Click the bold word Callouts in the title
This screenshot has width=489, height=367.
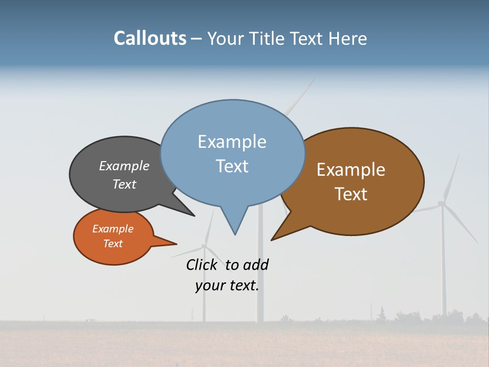150,38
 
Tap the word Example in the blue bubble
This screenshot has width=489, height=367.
232,142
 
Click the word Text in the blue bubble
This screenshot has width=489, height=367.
232,166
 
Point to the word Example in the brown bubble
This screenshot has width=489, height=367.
351,170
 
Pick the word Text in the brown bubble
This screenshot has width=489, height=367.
351,194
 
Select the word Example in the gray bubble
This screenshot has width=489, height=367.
124,166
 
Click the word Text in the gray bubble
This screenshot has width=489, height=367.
124,185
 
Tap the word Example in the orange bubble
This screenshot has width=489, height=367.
113,229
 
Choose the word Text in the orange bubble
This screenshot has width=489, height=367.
113,244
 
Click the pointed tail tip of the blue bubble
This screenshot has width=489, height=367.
235,234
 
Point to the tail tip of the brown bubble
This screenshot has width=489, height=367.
271,240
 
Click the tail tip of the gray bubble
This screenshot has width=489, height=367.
195,216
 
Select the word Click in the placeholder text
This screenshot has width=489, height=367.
201,265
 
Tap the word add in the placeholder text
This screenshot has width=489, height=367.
256,265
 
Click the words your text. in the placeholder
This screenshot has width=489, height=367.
227,285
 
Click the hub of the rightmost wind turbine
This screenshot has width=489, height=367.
442,204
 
